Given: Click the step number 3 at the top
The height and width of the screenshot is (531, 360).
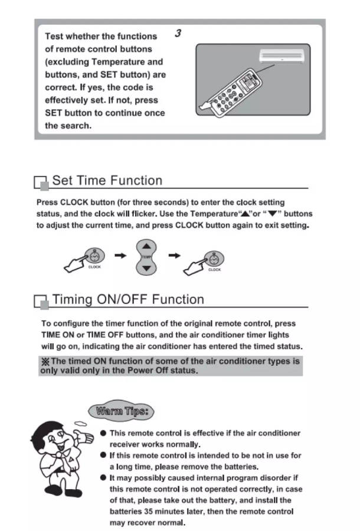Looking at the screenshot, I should coord(178,34).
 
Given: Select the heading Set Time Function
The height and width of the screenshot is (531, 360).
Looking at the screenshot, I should coord(107,181).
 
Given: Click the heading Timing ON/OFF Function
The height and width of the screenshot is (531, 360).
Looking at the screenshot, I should coord(128,299).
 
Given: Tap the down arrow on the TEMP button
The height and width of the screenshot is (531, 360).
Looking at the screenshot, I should coord(147,267).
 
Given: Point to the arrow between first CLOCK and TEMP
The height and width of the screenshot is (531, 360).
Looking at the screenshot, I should coord(120,256).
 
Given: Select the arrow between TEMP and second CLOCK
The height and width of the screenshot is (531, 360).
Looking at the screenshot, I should coord(175,256).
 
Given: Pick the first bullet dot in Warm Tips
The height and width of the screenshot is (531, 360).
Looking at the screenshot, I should coord(103,433).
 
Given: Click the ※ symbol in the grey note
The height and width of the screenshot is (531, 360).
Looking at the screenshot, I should coord(45,361).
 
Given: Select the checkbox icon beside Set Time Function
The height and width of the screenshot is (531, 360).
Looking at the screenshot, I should coord(41,183).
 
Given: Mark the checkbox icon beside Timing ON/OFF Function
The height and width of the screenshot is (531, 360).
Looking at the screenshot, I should coord(41,302).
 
